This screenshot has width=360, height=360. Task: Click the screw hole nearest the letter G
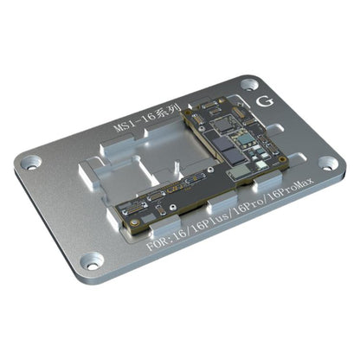click(248, 85)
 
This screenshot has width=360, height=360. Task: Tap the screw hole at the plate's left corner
click(32, 161)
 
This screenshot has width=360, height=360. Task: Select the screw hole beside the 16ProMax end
click(326, 163)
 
